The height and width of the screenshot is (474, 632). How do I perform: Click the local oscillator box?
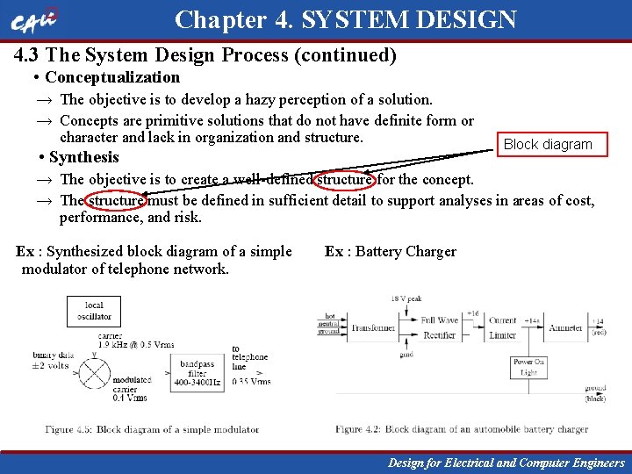point(94,311)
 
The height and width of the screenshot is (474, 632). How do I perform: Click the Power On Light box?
point(528,367)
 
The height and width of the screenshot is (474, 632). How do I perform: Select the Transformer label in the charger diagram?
point(373,328)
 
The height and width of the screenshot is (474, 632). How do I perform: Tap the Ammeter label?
point(565,328)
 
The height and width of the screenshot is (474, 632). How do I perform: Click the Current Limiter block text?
point(503,327)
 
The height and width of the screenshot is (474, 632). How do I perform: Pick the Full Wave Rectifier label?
point(439,327)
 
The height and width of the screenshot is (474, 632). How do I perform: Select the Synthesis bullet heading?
point(83,157)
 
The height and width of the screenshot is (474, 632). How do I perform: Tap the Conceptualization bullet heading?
point(111,77)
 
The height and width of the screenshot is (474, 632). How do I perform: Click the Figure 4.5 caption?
point(153,429)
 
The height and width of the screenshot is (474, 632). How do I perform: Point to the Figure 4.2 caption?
point(461,429)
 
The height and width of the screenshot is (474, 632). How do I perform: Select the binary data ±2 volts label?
point(51,360)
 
